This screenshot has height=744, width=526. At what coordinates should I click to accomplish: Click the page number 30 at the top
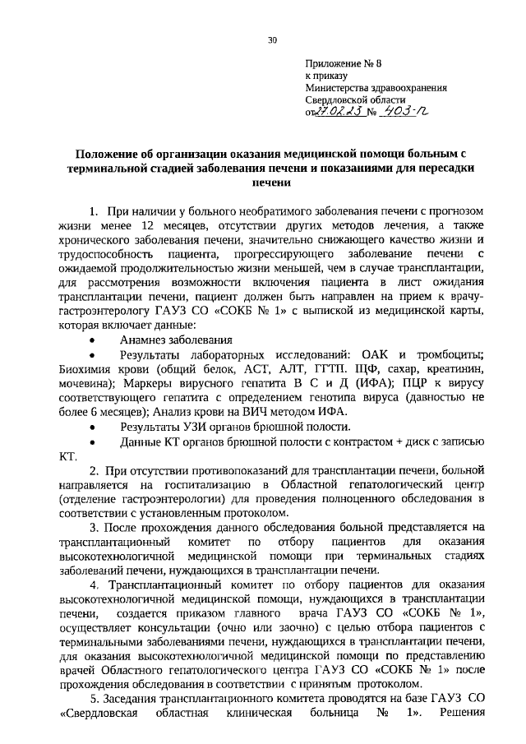click(x=273, y=40)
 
